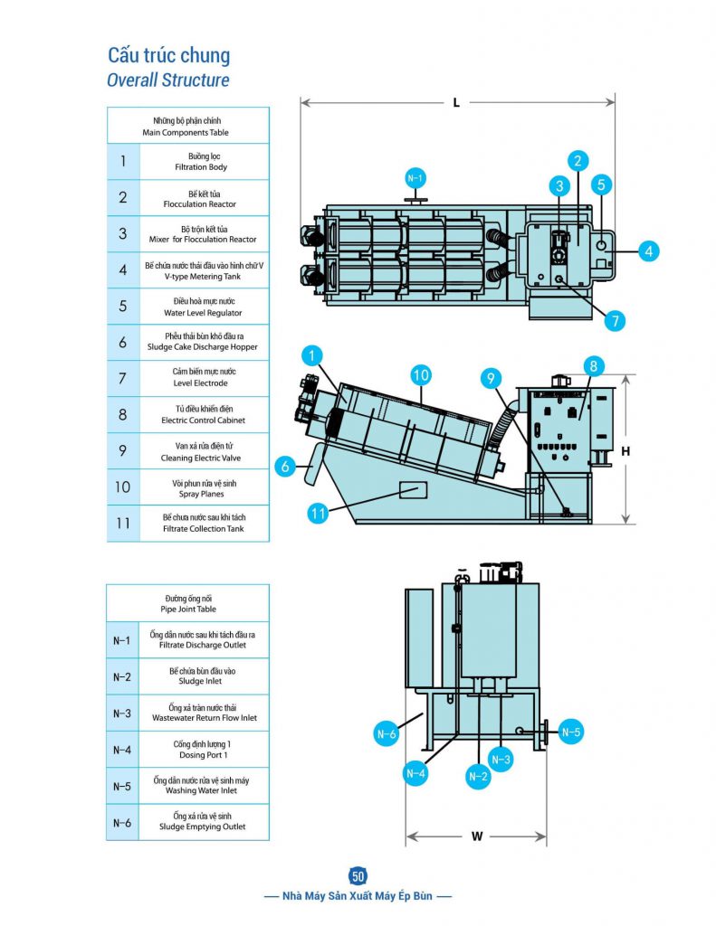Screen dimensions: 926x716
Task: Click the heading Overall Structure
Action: [168, 80]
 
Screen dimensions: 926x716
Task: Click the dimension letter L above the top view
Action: [456, 103]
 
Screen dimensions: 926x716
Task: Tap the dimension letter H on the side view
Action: [625, 449]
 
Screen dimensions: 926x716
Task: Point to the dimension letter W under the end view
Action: [477, 836]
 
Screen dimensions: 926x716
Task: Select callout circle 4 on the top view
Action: [647, 250]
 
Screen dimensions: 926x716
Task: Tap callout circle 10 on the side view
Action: [420, 373]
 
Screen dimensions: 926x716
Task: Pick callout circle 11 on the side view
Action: [318, 514]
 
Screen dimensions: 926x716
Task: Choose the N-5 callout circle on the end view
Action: [570, 732]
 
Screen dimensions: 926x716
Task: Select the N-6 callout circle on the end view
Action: [387, 734]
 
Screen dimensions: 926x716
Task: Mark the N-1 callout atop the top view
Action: [415, 178]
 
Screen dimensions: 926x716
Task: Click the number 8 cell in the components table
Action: [123, 414]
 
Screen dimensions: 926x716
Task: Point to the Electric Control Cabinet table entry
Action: [203, 420]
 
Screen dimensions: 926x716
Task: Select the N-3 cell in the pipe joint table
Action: [122, 713]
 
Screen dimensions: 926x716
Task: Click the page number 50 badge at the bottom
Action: [358, 875]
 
